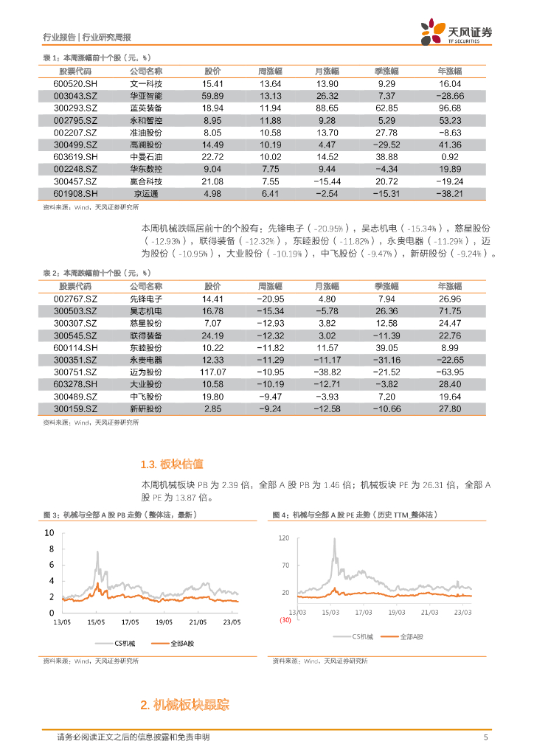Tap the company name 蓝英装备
coord(146,108)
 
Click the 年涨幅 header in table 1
coord(449,72)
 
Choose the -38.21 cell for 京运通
coord(449,193)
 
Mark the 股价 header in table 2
coord(212,286)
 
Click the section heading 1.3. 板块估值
coord(171,465)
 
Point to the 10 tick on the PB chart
coord(49,532)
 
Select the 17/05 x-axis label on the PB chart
coord(130,622)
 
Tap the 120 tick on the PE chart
coord(284,539)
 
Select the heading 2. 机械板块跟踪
coord(185,706)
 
